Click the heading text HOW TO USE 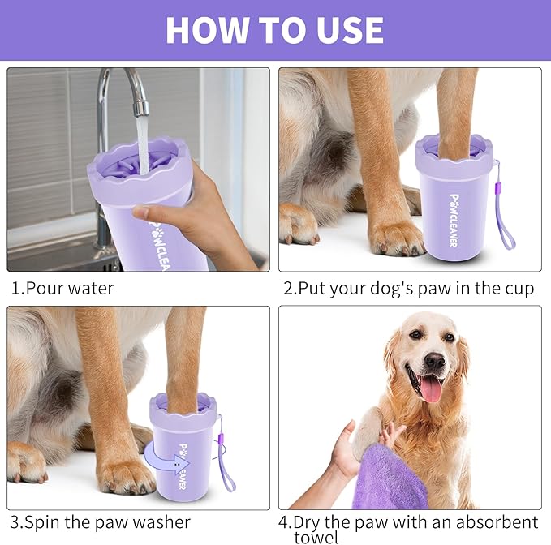[274, 30]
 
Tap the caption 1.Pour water [62, 288]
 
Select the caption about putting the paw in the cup [408, 288]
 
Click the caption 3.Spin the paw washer [100, 522]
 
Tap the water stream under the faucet [143, 142]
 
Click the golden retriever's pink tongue [431, 388]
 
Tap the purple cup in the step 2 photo [454, 203]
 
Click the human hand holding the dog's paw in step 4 [345, 454]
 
